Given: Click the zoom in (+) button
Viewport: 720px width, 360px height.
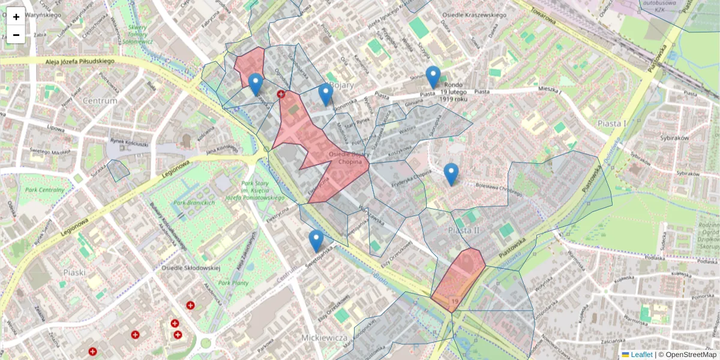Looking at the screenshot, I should pos(16,17).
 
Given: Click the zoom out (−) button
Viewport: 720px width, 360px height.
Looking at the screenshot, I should pos(16,35).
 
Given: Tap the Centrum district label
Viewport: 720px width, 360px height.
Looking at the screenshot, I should pos(100,101).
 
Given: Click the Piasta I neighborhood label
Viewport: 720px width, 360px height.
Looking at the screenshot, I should pos(611,123).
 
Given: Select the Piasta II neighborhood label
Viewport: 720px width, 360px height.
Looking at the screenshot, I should pos(464,230).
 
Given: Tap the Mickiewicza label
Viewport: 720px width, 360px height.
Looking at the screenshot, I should pos(325,338).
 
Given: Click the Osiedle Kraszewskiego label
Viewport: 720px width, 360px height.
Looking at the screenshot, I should pos(474,15).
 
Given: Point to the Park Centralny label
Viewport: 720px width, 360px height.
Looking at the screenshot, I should pos(44,191).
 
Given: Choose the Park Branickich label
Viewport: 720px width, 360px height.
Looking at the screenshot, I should pos(194,203).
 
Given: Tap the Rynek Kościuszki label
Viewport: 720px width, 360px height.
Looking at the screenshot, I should pos(128,143).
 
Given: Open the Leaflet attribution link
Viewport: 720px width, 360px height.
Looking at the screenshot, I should pos(641,355).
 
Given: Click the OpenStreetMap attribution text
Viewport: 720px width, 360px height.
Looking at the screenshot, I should pos(690,355).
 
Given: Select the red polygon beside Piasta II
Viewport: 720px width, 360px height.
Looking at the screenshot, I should pos(459,279).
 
